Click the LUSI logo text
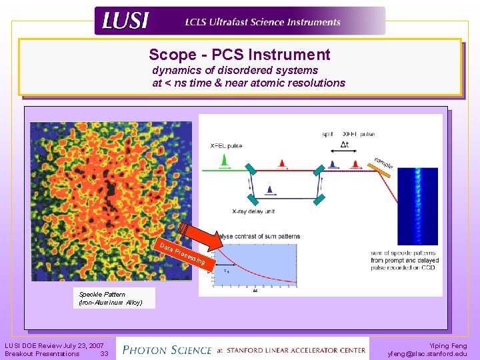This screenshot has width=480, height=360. (125, 21)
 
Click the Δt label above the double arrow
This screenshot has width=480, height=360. (345, 144)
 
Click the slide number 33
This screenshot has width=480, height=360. (104, 354)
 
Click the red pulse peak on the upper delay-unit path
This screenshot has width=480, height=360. (282, 163)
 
